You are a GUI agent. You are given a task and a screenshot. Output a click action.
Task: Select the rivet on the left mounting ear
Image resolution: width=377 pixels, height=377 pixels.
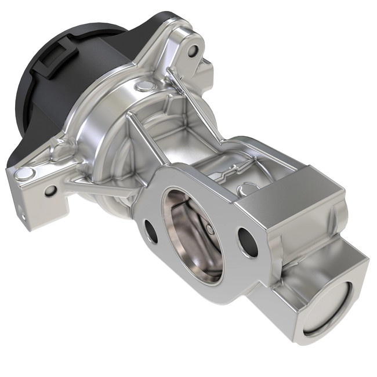click(24, 173)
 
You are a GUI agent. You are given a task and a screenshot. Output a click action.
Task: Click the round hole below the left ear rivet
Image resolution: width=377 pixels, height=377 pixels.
click(50, 190)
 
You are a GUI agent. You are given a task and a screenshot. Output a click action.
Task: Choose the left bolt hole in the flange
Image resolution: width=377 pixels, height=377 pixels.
click(151, 231)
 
